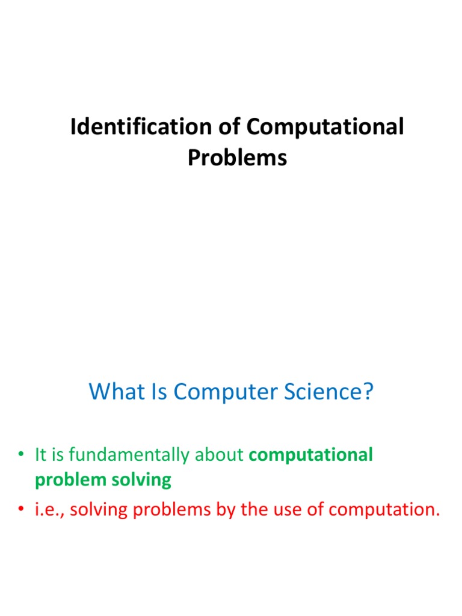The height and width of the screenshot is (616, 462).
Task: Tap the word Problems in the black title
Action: pos(237,158)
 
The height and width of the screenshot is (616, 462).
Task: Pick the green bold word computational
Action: pos(310,455)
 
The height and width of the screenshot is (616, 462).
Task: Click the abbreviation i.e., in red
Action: pos(49,510)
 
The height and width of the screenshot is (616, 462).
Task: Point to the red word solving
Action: pos(97,510)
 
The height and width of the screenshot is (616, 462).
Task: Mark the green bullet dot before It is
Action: pos(22,456)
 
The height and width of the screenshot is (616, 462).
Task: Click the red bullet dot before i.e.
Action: pos(22,511)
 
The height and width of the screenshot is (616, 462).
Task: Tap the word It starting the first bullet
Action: pos(42,455)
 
